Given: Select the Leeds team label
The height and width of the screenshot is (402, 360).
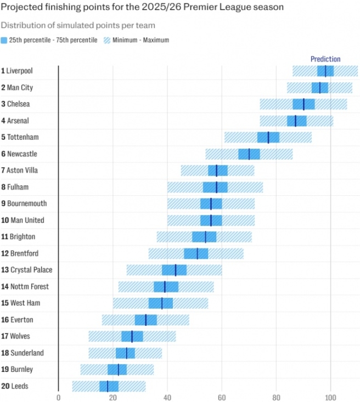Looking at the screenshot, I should pyautogui.click(x=17, y=386).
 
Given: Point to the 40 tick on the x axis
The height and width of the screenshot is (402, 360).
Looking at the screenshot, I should pyautogui.click(x=167, y=398).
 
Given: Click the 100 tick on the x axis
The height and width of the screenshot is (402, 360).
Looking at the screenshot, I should pyautogui.click(x=330, y=398).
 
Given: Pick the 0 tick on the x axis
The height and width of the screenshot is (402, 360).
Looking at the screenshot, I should pyautogui.click(x=59, y=398).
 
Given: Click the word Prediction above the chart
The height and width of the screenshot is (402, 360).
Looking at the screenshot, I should pyautogui.click(x=325, y=59).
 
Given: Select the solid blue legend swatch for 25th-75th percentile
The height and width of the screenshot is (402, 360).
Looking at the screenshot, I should pyautogui.click(x=4, y=40).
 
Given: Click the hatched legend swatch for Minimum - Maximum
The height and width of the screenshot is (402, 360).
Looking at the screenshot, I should pyautogui.click(x=108, y=40).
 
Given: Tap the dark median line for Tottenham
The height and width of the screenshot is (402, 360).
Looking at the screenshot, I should pyautogui.click(x=268, y=137).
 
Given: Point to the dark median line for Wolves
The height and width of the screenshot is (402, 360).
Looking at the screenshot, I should pyautogui.click(x=132, y=336).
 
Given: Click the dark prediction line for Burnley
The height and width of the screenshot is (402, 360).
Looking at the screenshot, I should pyautogui.click(x=118, y=369).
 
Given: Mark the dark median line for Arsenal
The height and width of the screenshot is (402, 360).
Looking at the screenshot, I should pyautogui.click(x=295, y=121).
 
